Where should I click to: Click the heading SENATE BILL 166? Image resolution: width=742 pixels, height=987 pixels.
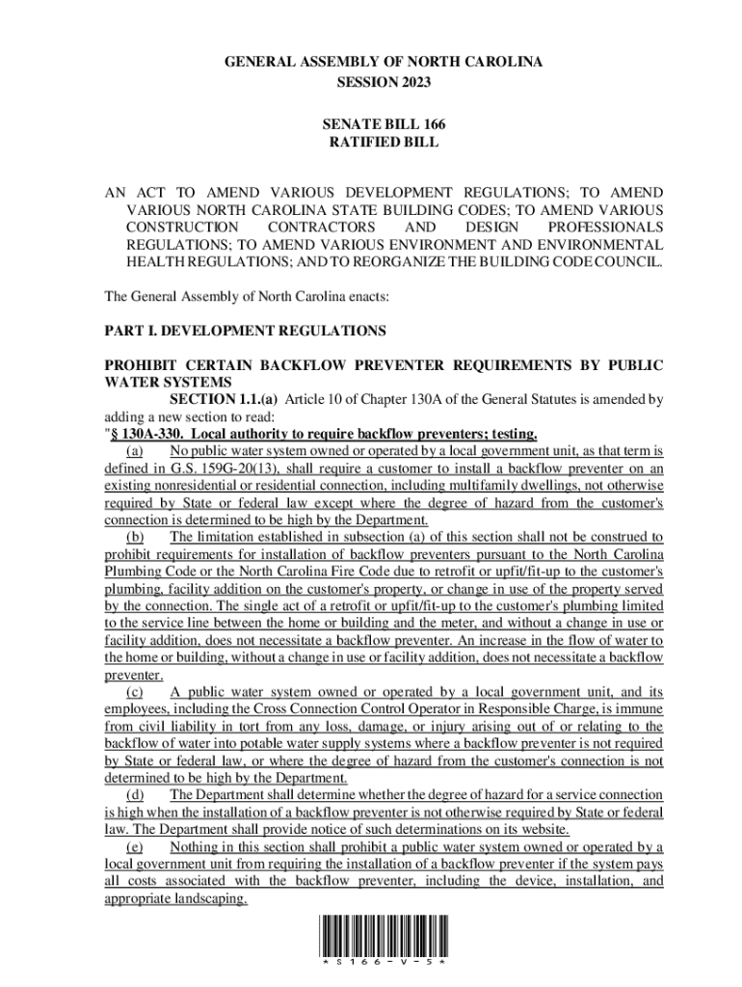coord(384,124)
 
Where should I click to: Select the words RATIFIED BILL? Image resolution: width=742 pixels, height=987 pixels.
coord(384,142)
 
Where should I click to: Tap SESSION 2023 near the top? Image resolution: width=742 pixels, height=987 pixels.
coord(384,81)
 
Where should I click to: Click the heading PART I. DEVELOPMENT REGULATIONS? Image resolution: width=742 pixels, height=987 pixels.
coord(245,331)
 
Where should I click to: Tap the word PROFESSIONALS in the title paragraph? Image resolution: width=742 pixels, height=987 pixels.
coord(605,227)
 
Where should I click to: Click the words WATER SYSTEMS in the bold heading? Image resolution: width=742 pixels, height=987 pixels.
coord(159,382)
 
